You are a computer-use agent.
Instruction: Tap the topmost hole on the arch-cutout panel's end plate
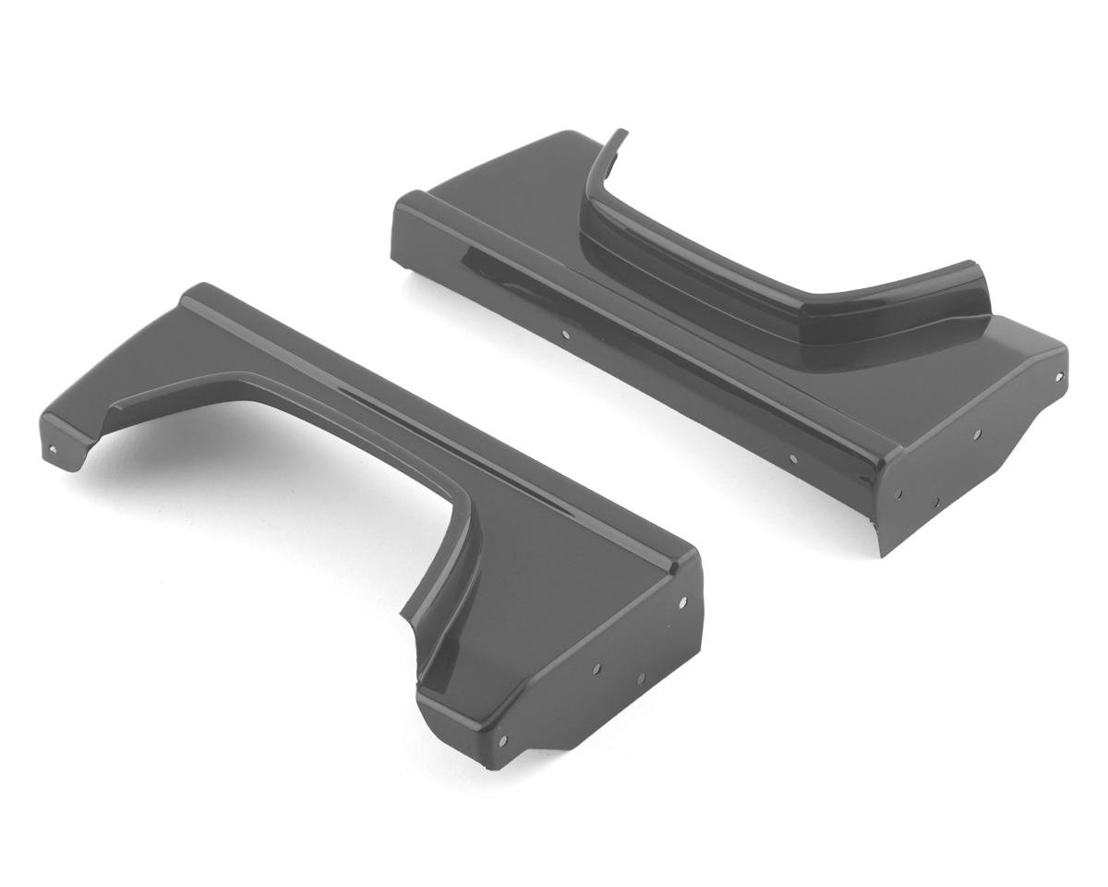tap(682, 602)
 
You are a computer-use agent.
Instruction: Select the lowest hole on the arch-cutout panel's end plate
tap(502, 740)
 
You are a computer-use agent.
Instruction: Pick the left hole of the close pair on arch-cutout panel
tap(596, 667)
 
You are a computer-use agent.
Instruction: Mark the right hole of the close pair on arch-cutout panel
tap(639, 679)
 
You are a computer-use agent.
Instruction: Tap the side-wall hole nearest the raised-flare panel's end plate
tap(792, 456)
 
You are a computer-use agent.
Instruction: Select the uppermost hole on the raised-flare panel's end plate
tap(1059, 376)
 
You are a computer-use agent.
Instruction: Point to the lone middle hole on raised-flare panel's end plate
tap(977, 433)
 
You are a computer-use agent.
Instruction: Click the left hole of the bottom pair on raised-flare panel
tap(899, 492)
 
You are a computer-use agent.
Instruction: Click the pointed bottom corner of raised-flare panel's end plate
tap(884, 554)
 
